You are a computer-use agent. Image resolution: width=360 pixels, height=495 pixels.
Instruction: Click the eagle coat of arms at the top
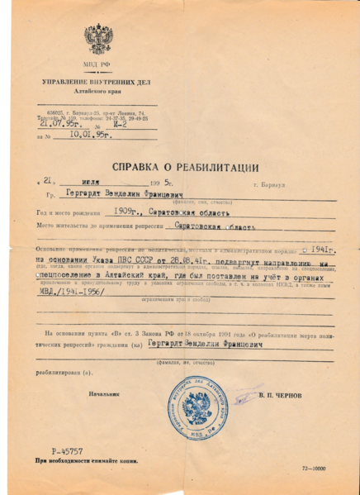pyautogui.click(x=98, y=39)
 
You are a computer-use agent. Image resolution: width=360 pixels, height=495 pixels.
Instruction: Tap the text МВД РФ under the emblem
pyautogui.click(x=97, y=64)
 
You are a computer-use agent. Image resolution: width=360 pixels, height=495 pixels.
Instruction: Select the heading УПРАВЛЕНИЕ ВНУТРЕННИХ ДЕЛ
pyautogui.click(x=97, y=83)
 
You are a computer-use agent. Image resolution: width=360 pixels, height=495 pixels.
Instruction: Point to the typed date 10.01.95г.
pyautogui.click(x=91, y=136)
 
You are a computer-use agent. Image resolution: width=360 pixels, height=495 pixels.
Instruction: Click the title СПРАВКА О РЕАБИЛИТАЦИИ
pyautogui.click(x=179, y=168)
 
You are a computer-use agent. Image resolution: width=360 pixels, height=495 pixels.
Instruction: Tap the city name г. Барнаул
pyautogui.click(x=269, y=185)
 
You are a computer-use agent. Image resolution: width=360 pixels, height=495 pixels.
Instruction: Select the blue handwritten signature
pyautogui.click(x=243, y=395)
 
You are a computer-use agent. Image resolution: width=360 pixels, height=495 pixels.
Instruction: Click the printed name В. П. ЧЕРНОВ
pyautogui.click(x=285, y=396)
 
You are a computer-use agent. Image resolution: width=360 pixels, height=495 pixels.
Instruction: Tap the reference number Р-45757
pyautogui.click(x=67, y=451)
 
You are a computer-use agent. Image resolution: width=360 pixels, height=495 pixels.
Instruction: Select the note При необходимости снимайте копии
pyautogui.click(x=86, y=461)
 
